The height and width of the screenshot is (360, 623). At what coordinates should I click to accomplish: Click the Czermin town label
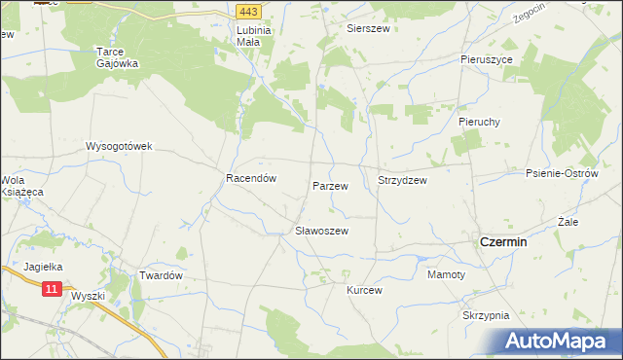(x=504, y=242)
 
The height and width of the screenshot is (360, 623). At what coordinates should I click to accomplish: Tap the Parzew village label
(x=330, y=184)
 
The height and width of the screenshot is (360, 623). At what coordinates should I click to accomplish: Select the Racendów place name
(x=252, y=179)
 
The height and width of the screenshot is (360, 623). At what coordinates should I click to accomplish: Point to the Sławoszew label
(x=321, y=232)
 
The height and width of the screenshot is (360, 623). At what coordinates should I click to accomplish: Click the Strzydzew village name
(x=402, y=180)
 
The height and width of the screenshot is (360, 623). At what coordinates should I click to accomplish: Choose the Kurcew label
(x=365, y=290)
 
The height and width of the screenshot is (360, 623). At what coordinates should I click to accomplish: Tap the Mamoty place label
(x=447, y=275)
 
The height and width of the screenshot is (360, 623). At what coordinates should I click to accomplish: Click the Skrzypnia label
(x=487, y=316)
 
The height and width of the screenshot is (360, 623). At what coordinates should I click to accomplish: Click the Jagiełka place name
(x=43, y=266)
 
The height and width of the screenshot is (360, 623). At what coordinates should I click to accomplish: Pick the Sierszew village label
(x=369, y=29)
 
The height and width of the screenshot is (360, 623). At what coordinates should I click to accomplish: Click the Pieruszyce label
(x=487, y=59)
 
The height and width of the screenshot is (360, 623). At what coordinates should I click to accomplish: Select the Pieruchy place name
(x=479, y=123)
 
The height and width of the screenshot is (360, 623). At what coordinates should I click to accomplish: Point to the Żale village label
(x=568, y=222)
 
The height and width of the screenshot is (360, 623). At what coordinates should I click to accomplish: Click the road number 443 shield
(x=247, y=11)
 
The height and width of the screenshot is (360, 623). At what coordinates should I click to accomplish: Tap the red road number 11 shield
(x=53, y=289)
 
